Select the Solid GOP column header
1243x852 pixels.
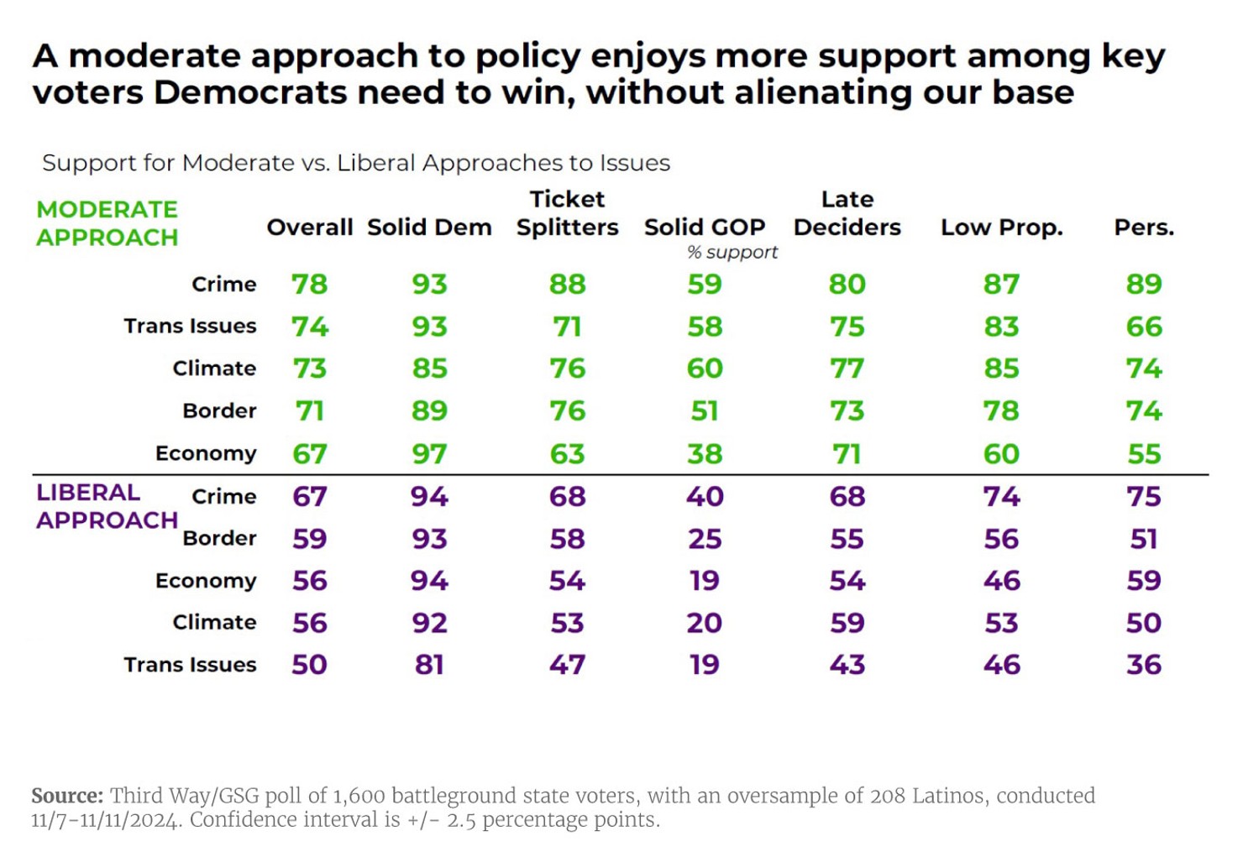(x=704, y=227)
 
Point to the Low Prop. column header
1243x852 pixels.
(x=1001, y=227)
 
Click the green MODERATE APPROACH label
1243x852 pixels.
(x=107, y=223)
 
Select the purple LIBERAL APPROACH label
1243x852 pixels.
(x=107, y=506)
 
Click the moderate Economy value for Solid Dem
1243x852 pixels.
(x=429, y=454)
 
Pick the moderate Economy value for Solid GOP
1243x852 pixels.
(x=704, y=454)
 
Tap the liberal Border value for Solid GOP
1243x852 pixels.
(x=704, y=539)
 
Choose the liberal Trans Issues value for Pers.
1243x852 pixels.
(x=1143, y=665)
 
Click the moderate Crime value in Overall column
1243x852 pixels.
(x=309, y=285)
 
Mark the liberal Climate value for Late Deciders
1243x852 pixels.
(x=847, y=623)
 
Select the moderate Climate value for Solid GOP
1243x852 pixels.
(x=704, y=369)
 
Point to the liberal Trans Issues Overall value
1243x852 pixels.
(x=309, y=665)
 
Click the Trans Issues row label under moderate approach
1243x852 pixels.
(x=190, y=326)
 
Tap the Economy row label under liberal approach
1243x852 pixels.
(x=206, y=581)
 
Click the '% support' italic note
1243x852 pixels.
(x=732, y=252)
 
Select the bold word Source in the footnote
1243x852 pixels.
(x=67, y=796)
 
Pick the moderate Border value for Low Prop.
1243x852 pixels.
(x=1001, y=411)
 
